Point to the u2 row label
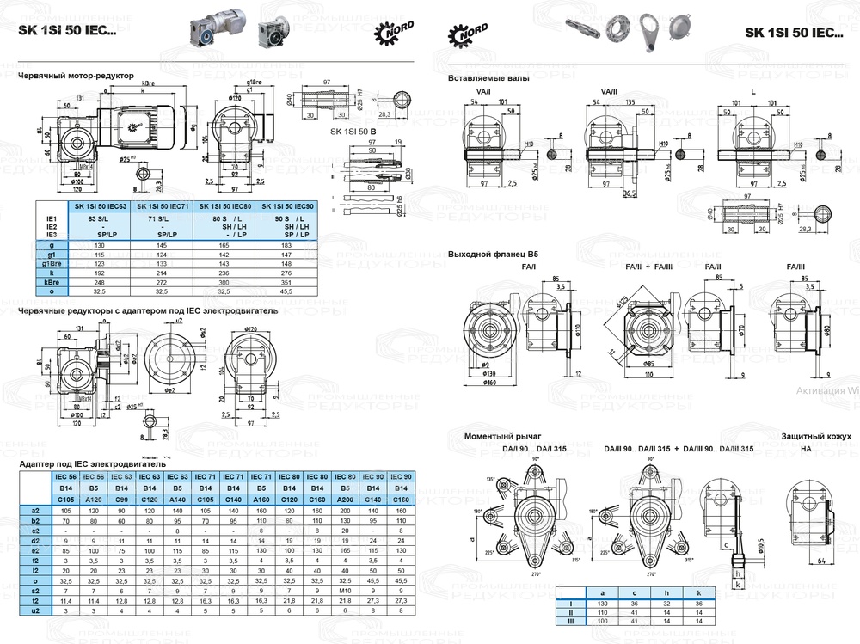point(34,610)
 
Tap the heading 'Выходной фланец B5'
point(489,255)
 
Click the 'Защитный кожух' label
point(810,436)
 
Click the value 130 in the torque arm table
point(604,604)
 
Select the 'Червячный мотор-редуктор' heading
point(76,76)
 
